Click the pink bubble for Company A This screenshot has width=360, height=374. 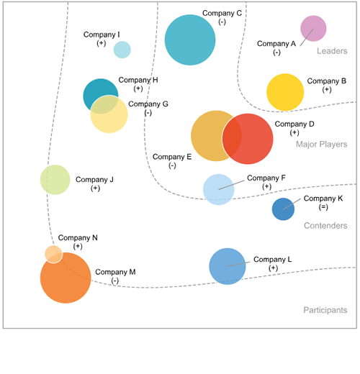point(313,29)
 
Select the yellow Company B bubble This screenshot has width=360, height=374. point(285,92)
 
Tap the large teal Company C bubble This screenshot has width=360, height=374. point(190,40)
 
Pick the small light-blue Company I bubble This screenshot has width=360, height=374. point(122,50)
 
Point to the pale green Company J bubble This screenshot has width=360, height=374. point(55,180)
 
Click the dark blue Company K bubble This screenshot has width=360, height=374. point(283,209)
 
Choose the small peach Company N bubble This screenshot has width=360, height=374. point(53,255)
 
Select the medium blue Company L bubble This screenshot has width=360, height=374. point(228,266)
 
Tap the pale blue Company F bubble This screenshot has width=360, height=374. point(219,189)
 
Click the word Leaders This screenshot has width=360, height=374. point(332,51)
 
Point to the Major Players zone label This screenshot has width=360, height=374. point(322,144)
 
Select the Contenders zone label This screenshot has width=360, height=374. point(325,226)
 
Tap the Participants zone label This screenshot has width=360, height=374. point(325,310)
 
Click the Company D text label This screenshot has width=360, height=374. point(294,124)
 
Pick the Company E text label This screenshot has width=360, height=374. point(172,157)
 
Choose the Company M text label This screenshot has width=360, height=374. point(115,272)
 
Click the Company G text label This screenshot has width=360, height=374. point(148,104)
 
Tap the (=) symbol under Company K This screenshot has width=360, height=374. point(323,207)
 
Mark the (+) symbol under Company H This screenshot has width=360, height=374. point(138,88)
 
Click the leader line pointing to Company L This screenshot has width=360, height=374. point(238,264)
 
